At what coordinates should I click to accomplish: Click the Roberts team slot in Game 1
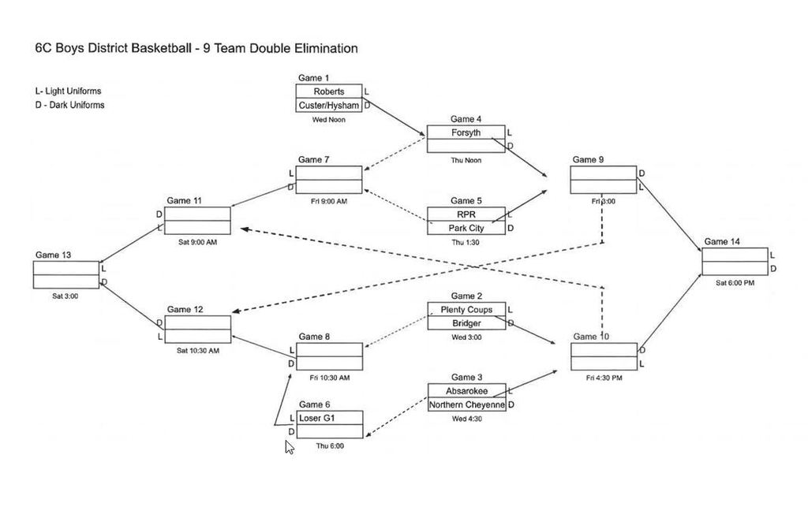click(x=328, y=91)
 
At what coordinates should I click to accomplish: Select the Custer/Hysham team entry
click(x=328, y=106)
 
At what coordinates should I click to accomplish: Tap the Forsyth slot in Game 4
click(x=466, y=132)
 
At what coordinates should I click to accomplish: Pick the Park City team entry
click(x=466, y=228)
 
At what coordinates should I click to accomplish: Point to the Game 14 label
click(x=721, y=242)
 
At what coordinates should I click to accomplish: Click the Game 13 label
click(x=53, y=255)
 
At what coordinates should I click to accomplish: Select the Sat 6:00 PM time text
click(x=734, y=282)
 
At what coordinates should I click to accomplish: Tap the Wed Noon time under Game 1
click(x=328, y=120)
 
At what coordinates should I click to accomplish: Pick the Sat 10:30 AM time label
click(x=198, y=350)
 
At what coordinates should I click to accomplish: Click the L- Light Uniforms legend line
click(x=69, y=91)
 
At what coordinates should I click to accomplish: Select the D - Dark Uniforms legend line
click(x=69, y=105)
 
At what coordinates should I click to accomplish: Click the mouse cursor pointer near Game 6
click(x=289, y=447)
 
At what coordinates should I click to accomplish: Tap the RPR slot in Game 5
click(x=466, y=214)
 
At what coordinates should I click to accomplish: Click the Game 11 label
click(x=184, y=200)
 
